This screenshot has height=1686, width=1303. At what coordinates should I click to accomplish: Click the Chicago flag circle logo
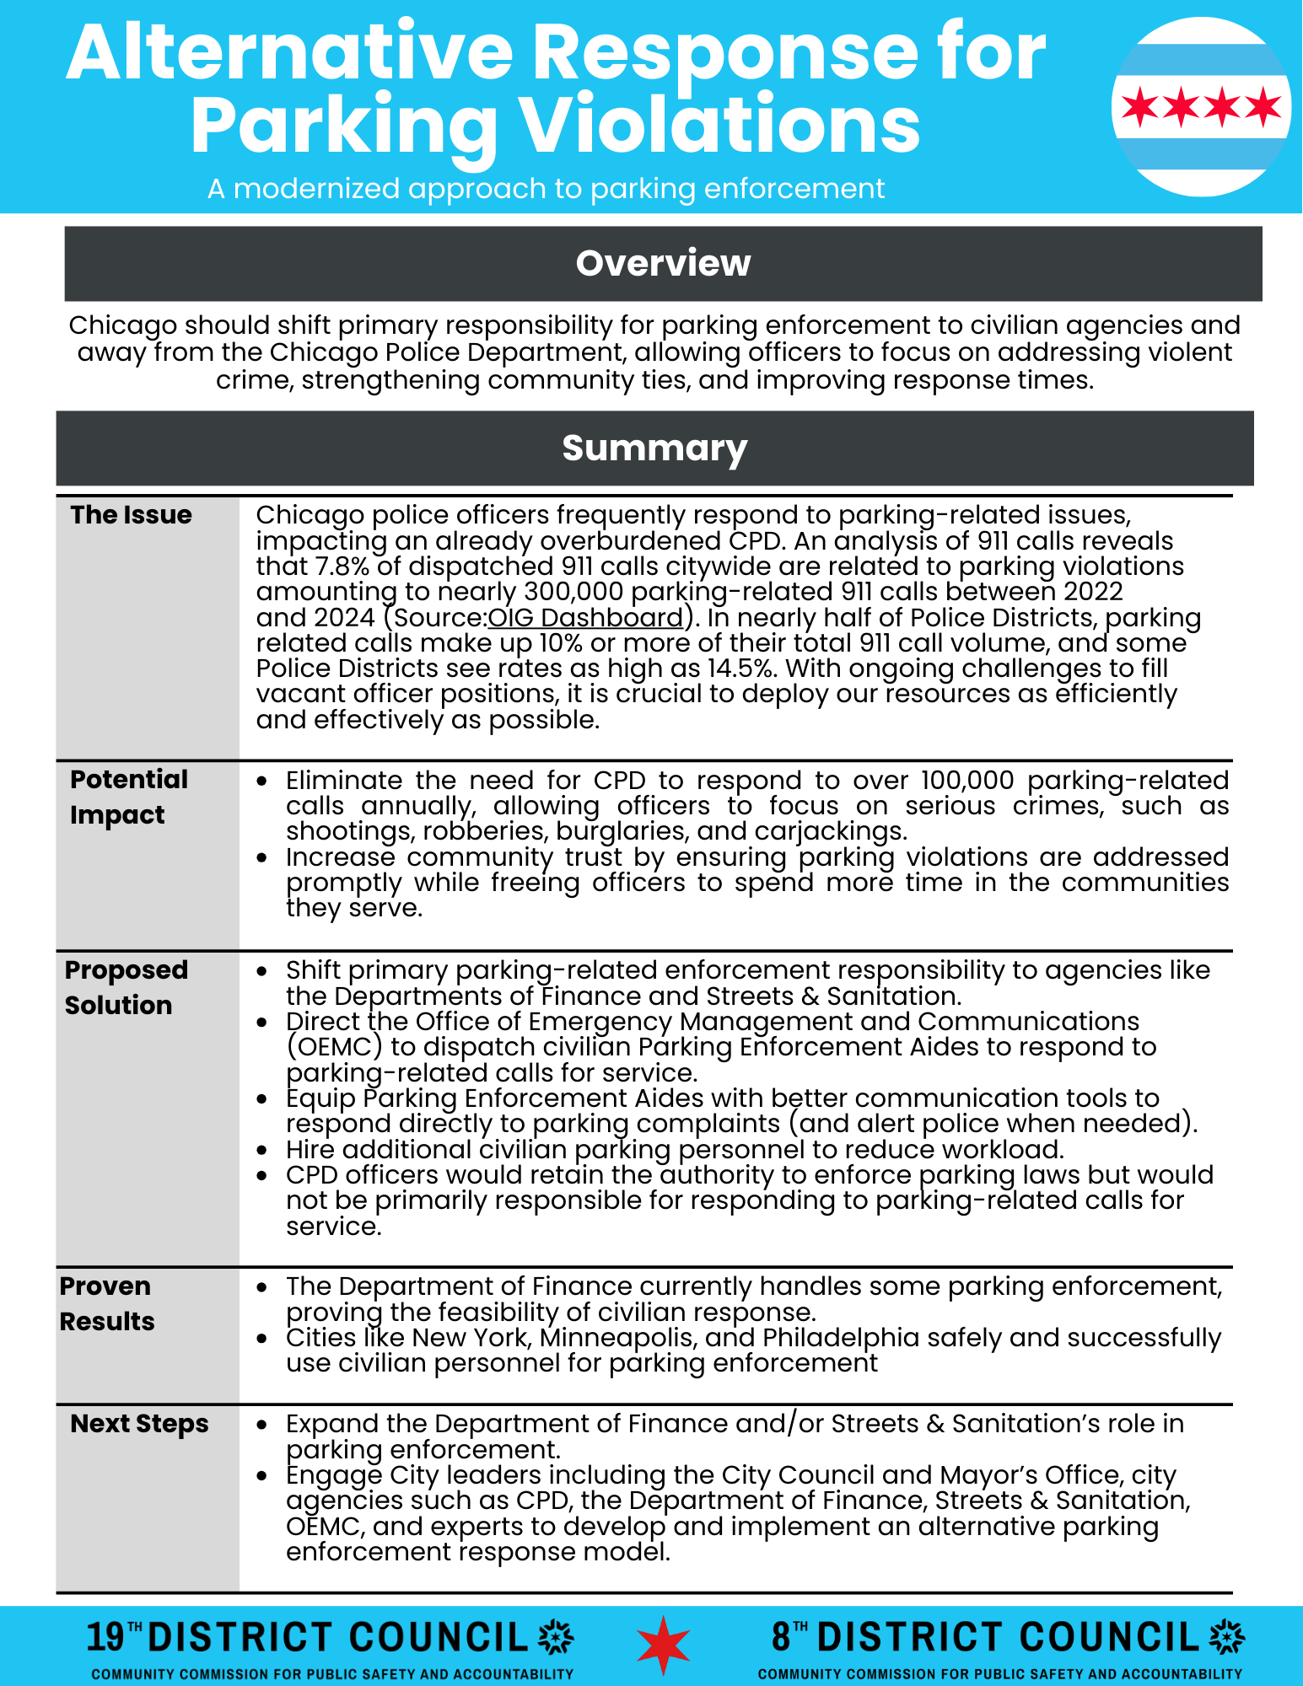[1201, 107]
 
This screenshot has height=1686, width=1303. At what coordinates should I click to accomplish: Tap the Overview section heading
[663, 263]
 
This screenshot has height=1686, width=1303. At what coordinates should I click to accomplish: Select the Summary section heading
[654, 448]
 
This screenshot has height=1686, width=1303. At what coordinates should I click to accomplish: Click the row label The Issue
[131, 514]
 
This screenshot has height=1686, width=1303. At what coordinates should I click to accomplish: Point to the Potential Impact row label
[129, 797]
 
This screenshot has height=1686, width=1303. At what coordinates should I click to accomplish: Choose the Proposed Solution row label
[126, 987]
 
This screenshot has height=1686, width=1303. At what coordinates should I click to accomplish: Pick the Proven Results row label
[107, 1303]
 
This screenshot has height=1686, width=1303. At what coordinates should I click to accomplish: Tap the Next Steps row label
[139, 1423]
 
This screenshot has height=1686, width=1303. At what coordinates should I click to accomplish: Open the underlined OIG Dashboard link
[585, 617]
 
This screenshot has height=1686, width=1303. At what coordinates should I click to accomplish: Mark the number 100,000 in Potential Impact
[967, 781]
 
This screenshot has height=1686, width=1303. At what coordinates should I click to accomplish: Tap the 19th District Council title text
[308, 1637]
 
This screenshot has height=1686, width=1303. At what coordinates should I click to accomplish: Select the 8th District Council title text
[986, 1637]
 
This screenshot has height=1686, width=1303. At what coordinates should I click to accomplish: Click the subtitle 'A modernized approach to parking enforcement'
[547, 189]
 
